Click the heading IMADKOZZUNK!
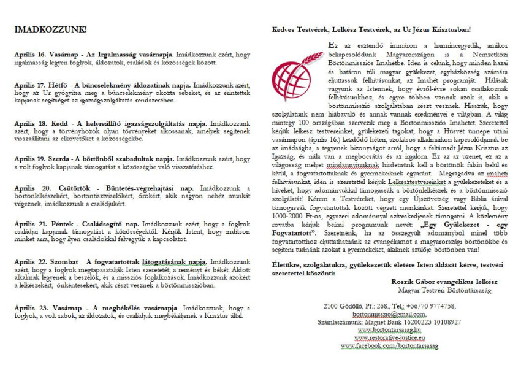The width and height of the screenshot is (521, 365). coord(51,29)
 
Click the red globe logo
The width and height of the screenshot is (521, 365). coord(299,72)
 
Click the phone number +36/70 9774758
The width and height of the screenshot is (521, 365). coord(430,305)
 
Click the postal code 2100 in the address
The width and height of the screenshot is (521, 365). coord(331,305)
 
